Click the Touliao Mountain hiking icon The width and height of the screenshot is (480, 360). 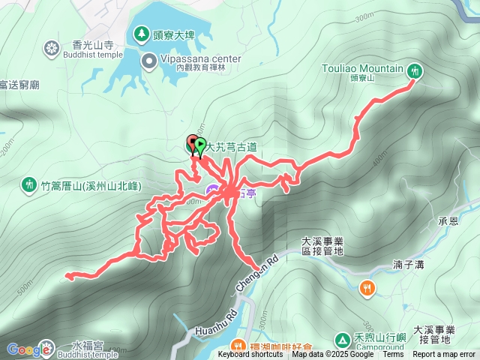pyautogui.click(x=415, y=71)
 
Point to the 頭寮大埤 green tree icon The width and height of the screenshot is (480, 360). pyautogui.click(x=141, y=33)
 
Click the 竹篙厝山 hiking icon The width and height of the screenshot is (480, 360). pyautogui.click(x=29, y=184)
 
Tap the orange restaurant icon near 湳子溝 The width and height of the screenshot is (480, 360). pyautogui.click(x=367, y=287)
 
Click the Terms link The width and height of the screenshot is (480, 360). pyautogui.click(x=393, y=355)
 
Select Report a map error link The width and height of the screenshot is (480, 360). pyautogui.click(x=444, y=355)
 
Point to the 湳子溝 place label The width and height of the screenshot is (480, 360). pyautogui.click(x=408, y=265)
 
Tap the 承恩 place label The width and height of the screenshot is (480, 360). pyautogui.click(x=448, y=223)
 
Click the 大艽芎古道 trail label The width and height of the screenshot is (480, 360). pyautogui.click(x=232, y=148)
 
